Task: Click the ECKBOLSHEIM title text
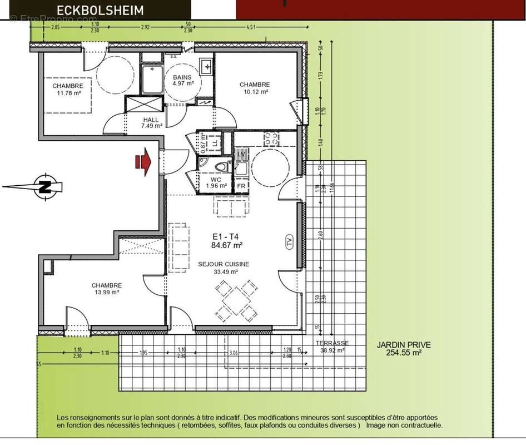coord(100,9)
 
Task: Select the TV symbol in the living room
coord(289,242)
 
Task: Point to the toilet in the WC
coord(221,167)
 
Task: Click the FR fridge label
coord(241,186)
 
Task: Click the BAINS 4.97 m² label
coord(182,80)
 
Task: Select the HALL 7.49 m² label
coord(151,122)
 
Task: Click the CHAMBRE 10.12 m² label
coord(255,87)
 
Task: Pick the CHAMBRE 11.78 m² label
coord(68,90)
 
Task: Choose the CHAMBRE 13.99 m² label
coord(107,288)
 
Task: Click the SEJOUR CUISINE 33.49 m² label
coord(224,268)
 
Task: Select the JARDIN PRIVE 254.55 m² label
coord(403,349)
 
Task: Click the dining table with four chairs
coord(236,300)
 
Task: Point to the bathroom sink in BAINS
coord(207,66)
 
